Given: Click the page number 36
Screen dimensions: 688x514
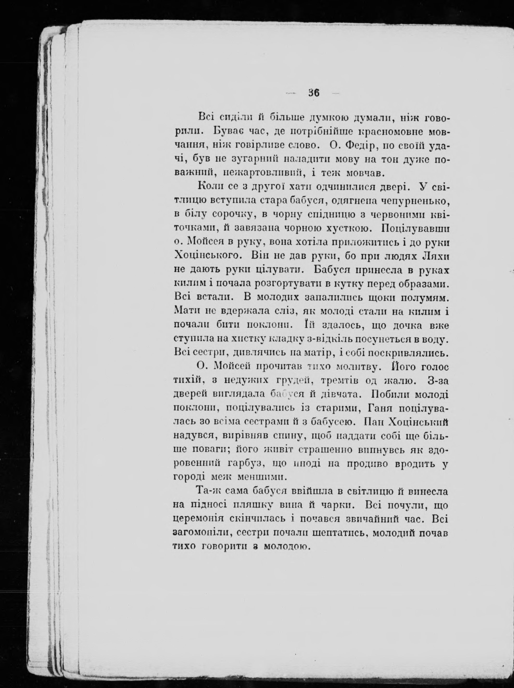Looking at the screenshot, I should (314, 93).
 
